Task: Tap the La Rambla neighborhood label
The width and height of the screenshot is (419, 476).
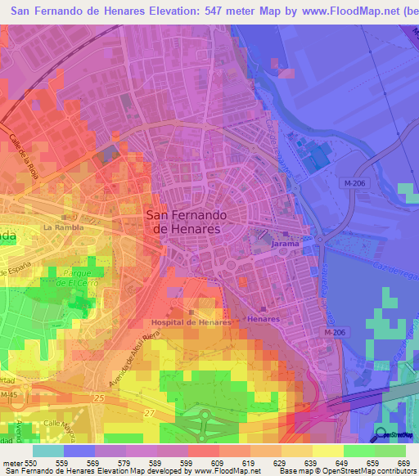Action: tap(64, 227)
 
